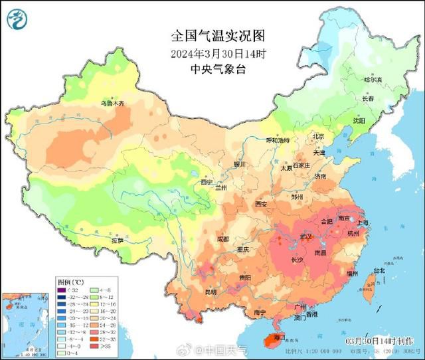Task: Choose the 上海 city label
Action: (x=363, y=223)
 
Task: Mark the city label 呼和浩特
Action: (x=278, y=141)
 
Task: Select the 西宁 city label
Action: (x=206, y=182)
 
